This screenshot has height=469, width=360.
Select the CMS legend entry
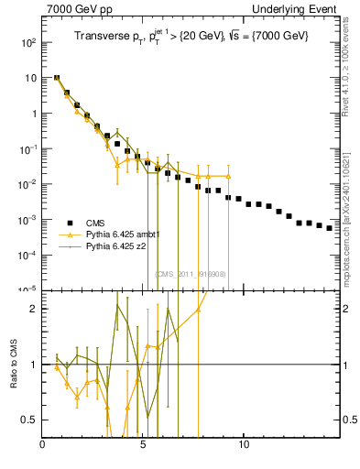tap(93, 223)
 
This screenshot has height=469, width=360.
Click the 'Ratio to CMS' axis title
tap(14, 365)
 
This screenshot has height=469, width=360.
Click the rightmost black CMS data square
tap(329, 228)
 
